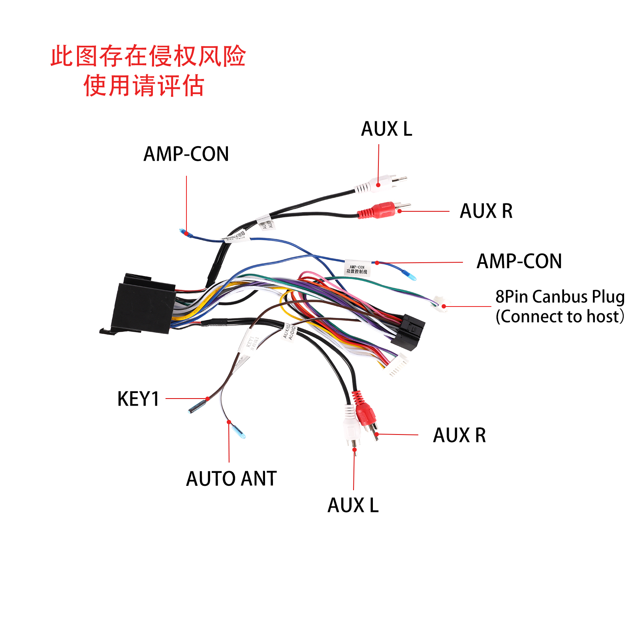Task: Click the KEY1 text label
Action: coord(138,399)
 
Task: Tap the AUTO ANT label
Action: coord(231,479)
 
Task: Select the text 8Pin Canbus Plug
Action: coord(560,297)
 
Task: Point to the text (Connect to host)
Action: coord(560,317)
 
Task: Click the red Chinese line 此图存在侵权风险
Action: coord(148,56)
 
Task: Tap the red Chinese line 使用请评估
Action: coord(144,86)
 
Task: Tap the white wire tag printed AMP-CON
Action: coord(357,268)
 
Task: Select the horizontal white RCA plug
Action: coord(379,184)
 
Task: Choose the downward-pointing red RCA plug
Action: coord(365,413)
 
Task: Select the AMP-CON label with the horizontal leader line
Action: coord(519,261)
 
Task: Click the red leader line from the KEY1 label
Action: coord(186,399)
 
